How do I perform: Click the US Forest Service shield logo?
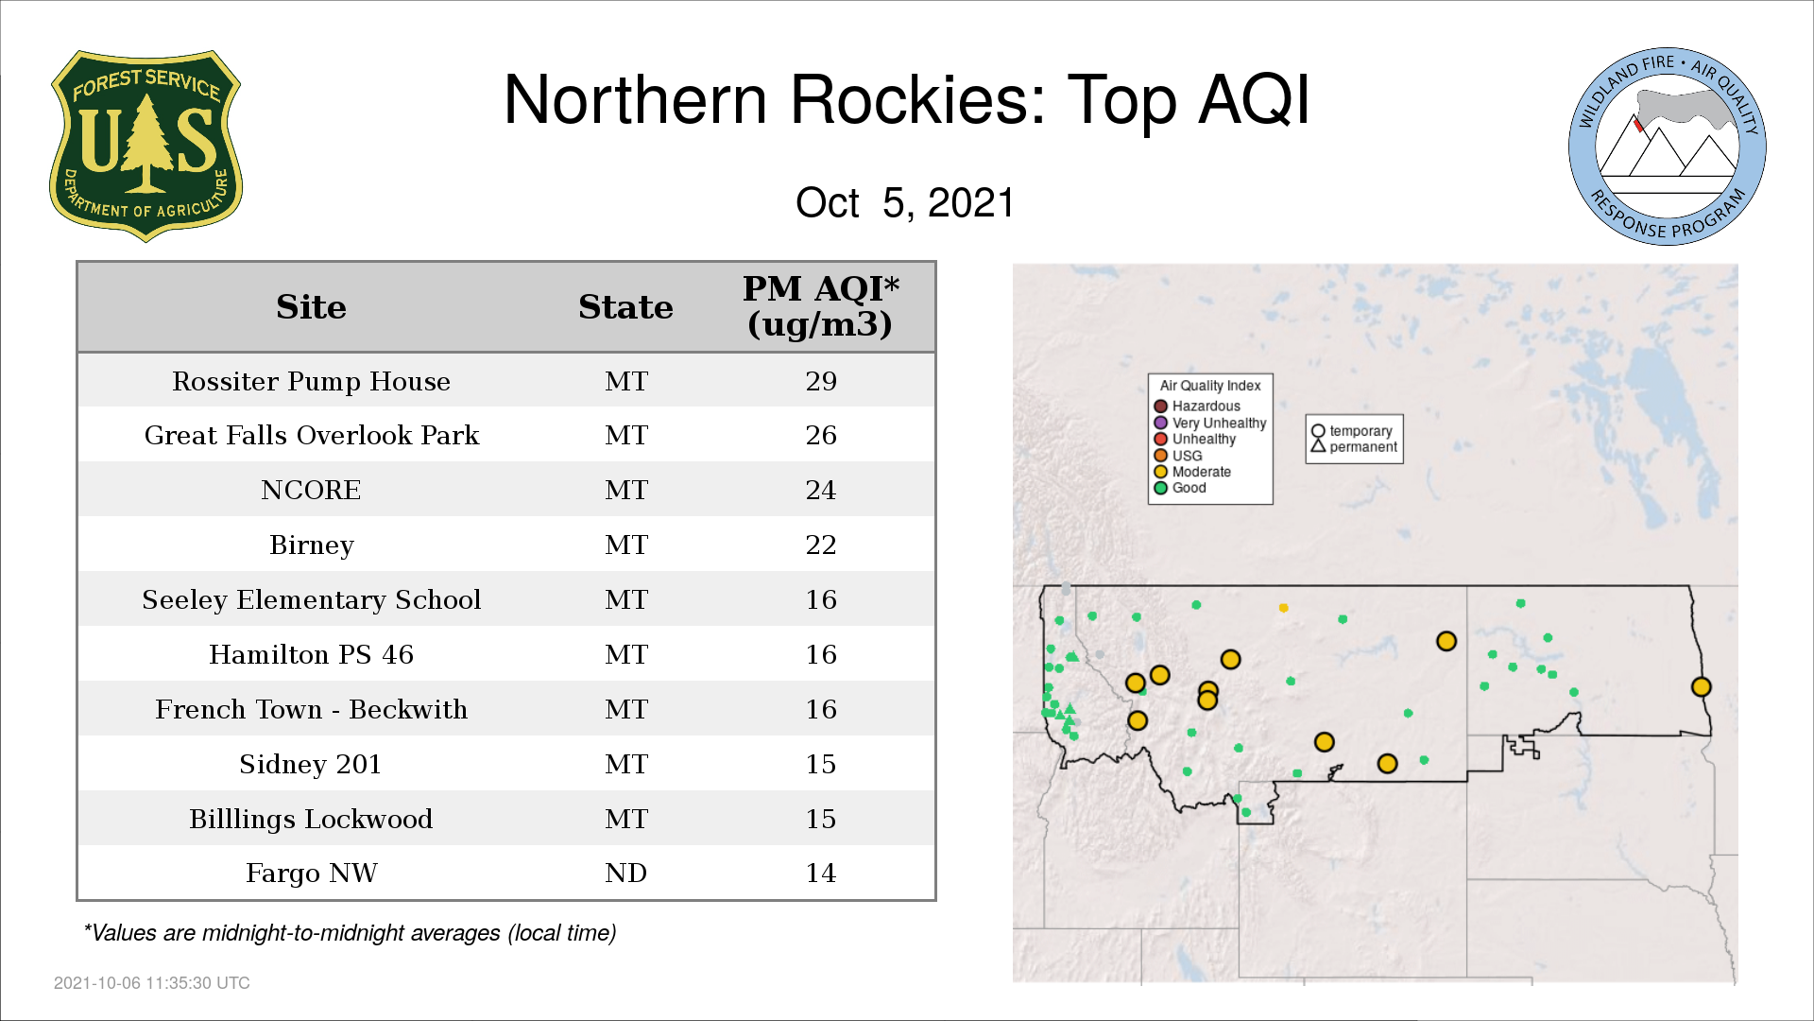tap(145, 146)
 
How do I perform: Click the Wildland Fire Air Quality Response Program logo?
tap(1668, 147)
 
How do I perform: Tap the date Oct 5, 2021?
tap(905, 202)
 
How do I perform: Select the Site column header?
tap(311, 307)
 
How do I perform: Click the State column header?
tap(625, 307)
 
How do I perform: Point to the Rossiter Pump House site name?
tap(311, 381)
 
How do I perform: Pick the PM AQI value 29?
tap(821, 381)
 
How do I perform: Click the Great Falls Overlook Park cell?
tap(311, 435)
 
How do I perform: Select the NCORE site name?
tap(311, 490)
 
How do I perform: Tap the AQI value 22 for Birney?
tap(821, 545)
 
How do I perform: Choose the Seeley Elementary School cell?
tap(311, 599)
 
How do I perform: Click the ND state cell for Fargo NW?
tap(625, 873)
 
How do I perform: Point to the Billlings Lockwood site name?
tap(311, 819)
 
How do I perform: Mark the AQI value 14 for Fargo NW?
tap(821, 873)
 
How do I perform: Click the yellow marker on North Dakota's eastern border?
tap(1701, 687)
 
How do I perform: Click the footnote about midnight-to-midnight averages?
tap(350, 933)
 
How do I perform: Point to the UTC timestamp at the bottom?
tap(152, 983)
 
